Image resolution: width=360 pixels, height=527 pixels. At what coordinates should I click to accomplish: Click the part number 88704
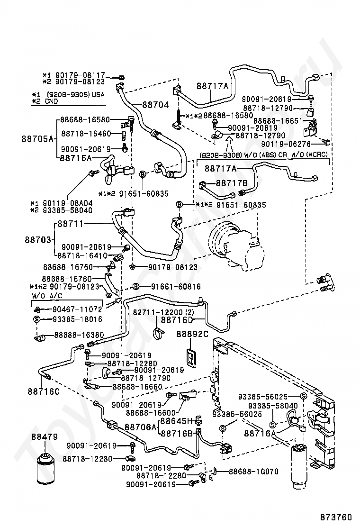[155, 105]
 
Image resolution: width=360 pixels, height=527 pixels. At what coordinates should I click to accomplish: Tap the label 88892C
[192, 335]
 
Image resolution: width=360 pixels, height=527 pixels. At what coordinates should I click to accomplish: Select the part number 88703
[38, 240]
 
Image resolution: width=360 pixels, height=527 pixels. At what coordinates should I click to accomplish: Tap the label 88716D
[177, 320]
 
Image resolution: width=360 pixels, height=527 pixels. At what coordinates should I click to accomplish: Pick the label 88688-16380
[74, 335]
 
